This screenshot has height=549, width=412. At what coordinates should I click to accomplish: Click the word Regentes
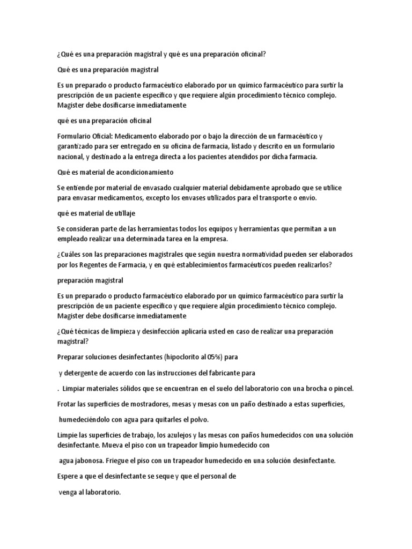click(98, 265)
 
